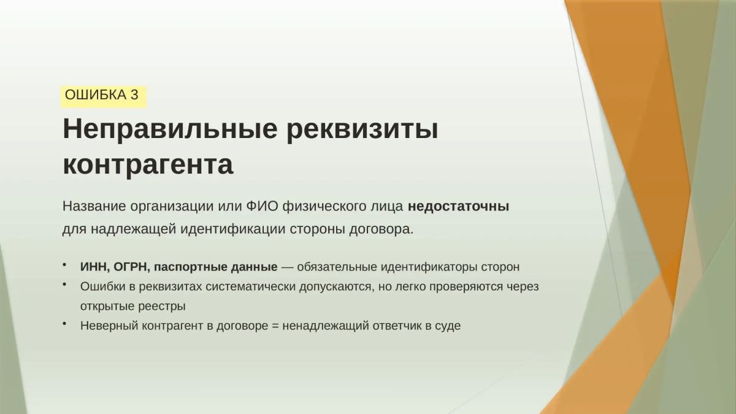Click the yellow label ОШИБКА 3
pos(104,97)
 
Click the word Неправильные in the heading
pos(170,129)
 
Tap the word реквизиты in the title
pos(362,129)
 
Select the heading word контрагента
pos(148,165)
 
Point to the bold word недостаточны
pos(458,207)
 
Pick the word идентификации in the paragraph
pos(233,229)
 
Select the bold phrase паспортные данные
pos(215,267)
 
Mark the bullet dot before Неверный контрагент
pos(65,324)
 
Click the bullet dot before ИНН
pos(65,264)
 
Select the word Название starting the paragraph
pos(94,207)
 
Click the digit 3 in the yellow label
pos(134,95)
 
